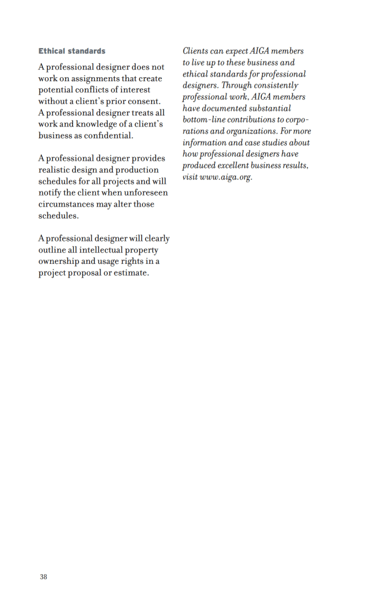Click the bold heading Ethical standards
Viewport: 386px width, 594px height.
point(72,51)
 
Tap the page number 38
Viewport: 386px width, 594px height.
point(43,577)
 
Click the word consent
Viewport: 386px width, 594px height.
point(143,102)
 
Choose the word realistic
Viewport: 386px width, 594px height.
point(57,170)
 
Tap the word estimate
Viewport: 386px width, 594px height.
point(131,273)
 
